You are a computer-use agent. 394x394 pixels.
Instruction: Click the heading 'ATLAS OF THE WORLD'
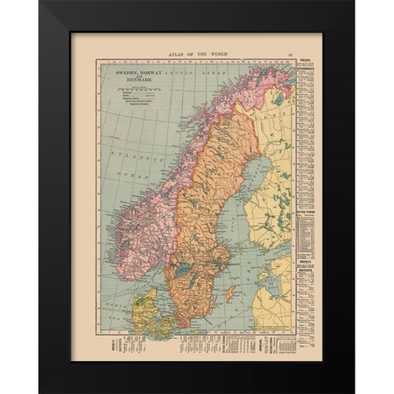pos(196,54)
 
